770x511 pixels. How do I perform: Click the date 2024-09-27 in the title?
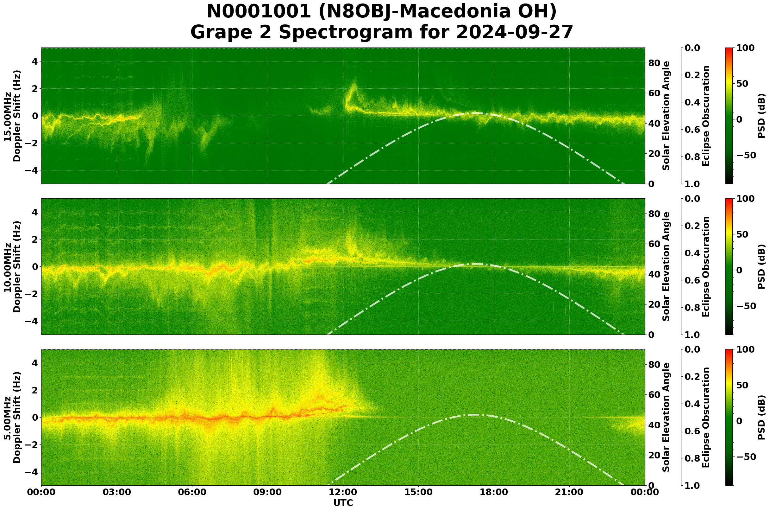tap(514, 33)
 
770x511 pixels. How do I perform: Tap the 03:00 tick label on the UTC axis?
tap(116, 492)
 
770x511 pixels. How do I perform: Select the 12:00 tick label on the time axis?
tap(343, 492)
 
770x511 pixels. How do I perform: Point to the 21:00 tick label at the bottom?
tap(569, 492)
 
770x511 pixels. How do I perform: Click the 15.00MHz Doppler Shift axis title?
tap(12, 116)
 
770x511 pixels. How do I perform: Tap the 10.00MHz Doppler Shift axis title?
tap(12, 266)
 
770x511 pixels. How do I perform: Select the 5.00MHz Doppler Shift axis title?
tap(12, 418)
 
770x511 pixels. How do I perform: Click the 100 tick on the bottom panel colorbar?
tap(746, 350)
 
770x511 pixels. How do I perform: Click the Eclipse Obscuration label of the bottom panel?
tap(706, 418)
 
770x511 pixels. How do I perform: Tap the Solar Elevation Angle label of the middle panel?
tap(666, 266)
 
